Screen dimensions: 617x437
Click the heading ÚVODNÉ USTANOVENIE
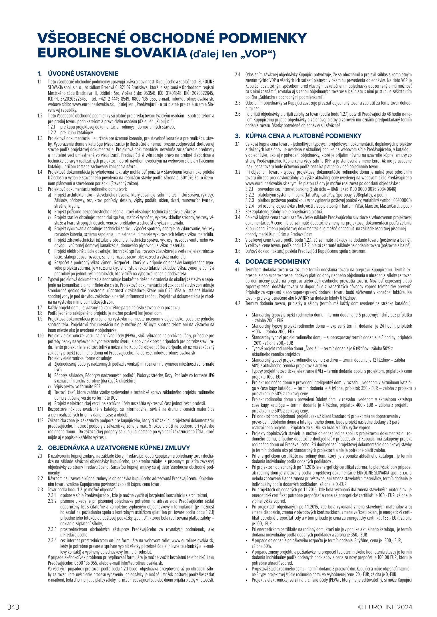coord(83,74)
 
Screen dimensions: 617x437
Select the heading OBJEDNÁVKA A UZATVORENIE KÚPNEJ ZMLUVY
coord(119,448)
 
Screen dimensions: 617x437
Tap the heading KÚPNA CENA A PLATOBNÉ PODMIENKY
coord(303,136)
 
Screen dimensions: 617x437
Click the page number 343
coord(13,607)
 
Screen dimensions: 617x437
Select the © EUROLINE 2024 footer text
coord(385,607)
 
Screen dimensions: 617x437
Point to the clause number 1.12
coord(40,420)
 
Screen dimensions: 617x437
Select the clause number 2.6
coord(238,114)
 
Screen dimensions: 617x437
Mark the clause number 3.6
coord(238,251)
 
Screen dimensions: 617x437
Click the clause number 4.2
coord(238,303)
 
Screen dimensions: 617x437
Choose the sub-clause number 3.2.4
coord(250,206)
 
